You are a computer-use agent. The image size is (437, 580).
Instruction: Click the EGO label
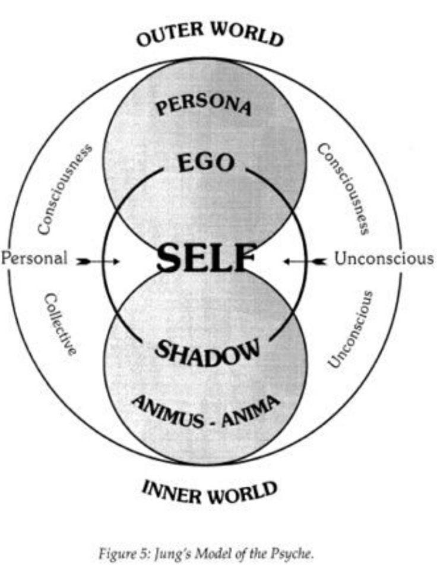(x=205, y=161)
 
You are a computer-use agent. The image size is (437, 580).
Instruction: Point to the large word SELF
(x=205, y=260)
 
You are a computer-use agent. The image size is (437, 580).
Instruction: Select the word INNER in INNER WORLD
(x=169, y=490)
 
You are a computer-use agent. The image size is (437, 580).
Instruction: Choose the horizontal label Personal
(x=34, y=259)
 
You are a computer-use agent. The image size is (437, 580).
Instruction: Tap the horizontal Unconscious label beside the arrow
(x=384, y=259)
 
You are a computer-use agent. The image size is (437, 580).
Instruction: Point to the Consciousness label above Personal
(x=64, y=188)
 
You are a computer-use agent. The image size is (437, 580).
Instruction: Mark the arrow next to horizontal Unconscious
(x=304, y=260)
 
